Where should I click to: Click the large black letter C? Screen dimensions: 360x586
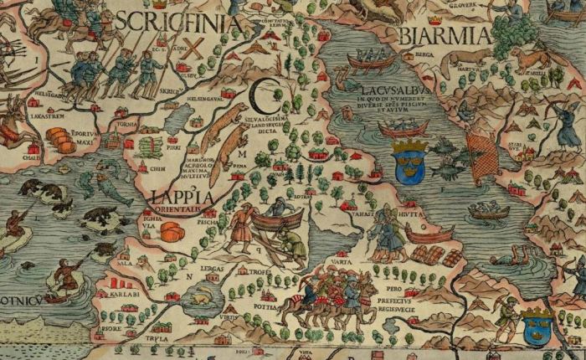coord(265,98)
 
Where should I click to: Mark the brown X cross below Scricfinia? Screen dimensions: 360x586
coord(194,48)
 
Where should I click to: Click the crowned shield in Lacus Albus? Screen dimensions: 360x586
coord(409,159)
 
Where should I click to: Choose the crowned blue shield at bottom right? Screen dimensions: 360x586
coord(536,324)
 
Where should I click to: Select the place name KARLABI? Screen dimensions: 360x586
coord(122,296)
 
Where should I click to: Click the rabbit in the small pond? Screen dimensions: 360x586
coord(203,296)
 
